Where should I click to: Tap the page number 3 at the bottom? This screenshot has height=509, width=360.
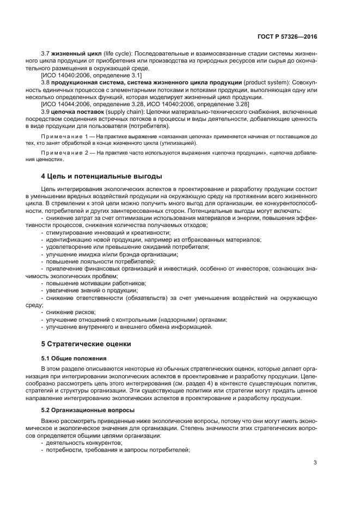point(315,463)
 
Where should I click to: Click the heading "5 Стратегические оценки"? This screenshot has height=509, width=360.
point(86,344)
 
